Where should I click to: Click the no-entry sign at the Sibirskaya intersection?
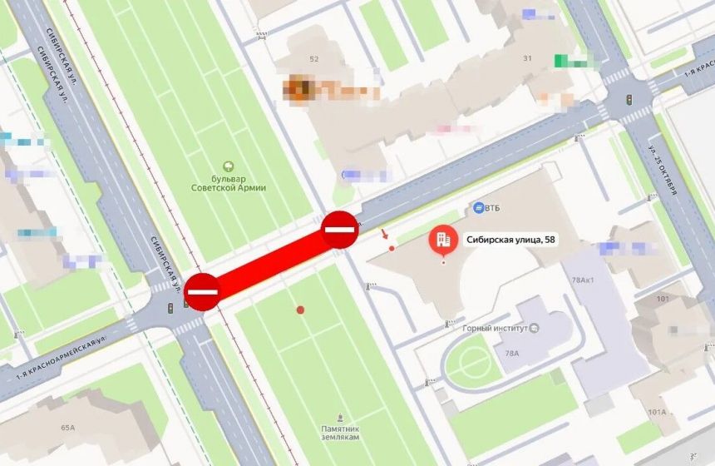click(203, 291)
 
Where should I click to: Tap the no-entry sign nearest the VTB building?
click(340, 229)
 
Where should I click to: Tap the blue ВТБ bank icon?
click(479, 206)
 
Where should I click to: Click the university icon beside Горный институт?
click(535, 328)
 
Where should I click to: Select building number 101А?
click(658, 411)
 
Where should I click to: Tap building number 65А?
click(67, 428)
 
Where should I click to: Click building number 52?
click(314, 59)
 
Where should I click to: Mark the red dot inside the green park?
click(301, 310)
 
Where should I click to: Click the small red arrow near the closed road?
click(384, 234)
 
